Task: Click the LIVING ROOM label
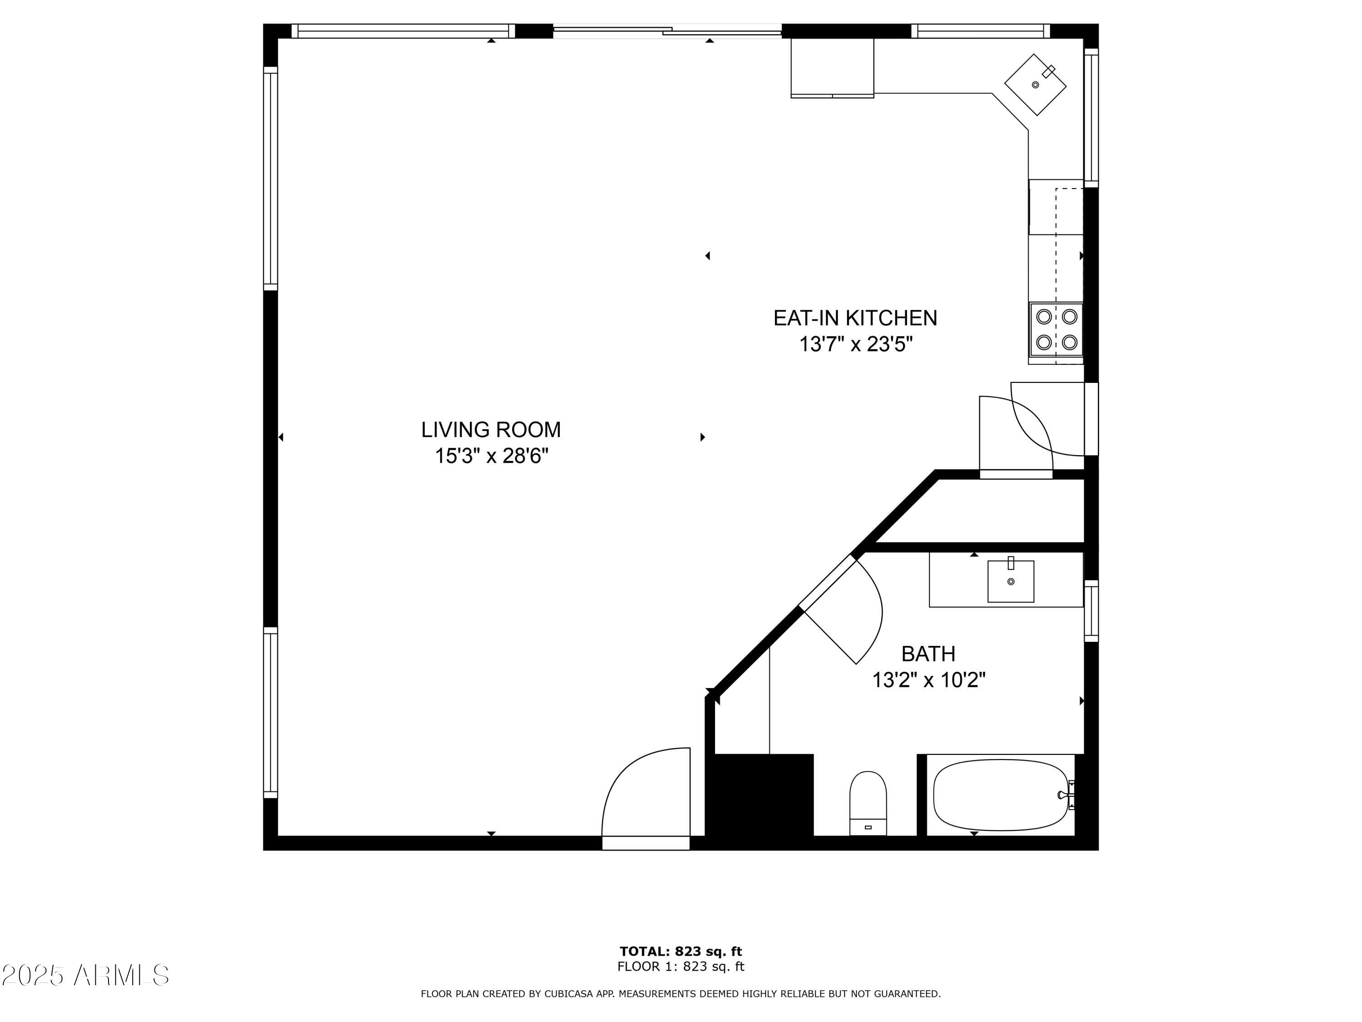[x=491, y=429]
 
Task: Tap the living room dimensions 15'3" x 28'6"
[x=491, y=456]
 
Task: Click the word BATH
[x=928, y=653]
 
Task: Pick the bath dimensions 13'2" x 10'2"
[x=928, y=680]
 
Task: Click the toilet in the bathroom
[x=868, y=803]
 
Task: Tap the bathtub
[x=1001, y=795]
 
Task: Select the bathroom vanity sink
[x=1011, y=581]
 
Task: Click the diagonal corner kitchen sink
[x=1035, y=84]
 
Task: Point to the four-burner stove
[x=1056, y=330]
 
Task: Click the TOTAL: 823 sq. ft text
[x=681, y=951]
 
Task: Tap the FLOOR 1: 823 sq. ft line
[x=681, y=966]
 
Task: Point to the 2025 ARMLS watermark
[x=86, y=975]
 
